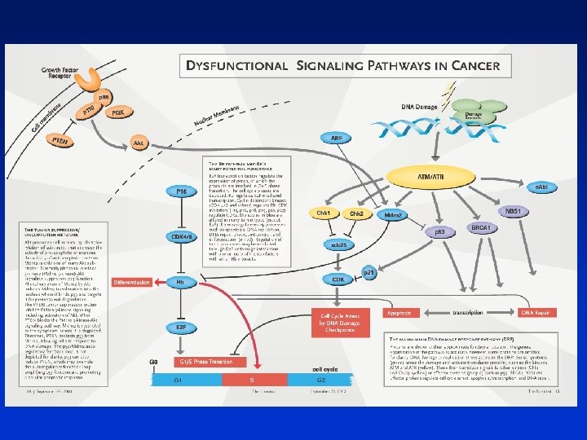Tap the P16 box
coord(181,191)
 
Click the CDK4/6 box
coord(181,237)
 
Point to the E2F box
coord(181,328)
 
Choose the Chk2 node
coord(356,213)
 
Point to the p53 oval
coord(439,231)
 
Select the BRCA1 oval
coord(480,228)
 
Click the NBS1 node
coord(536,211)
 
